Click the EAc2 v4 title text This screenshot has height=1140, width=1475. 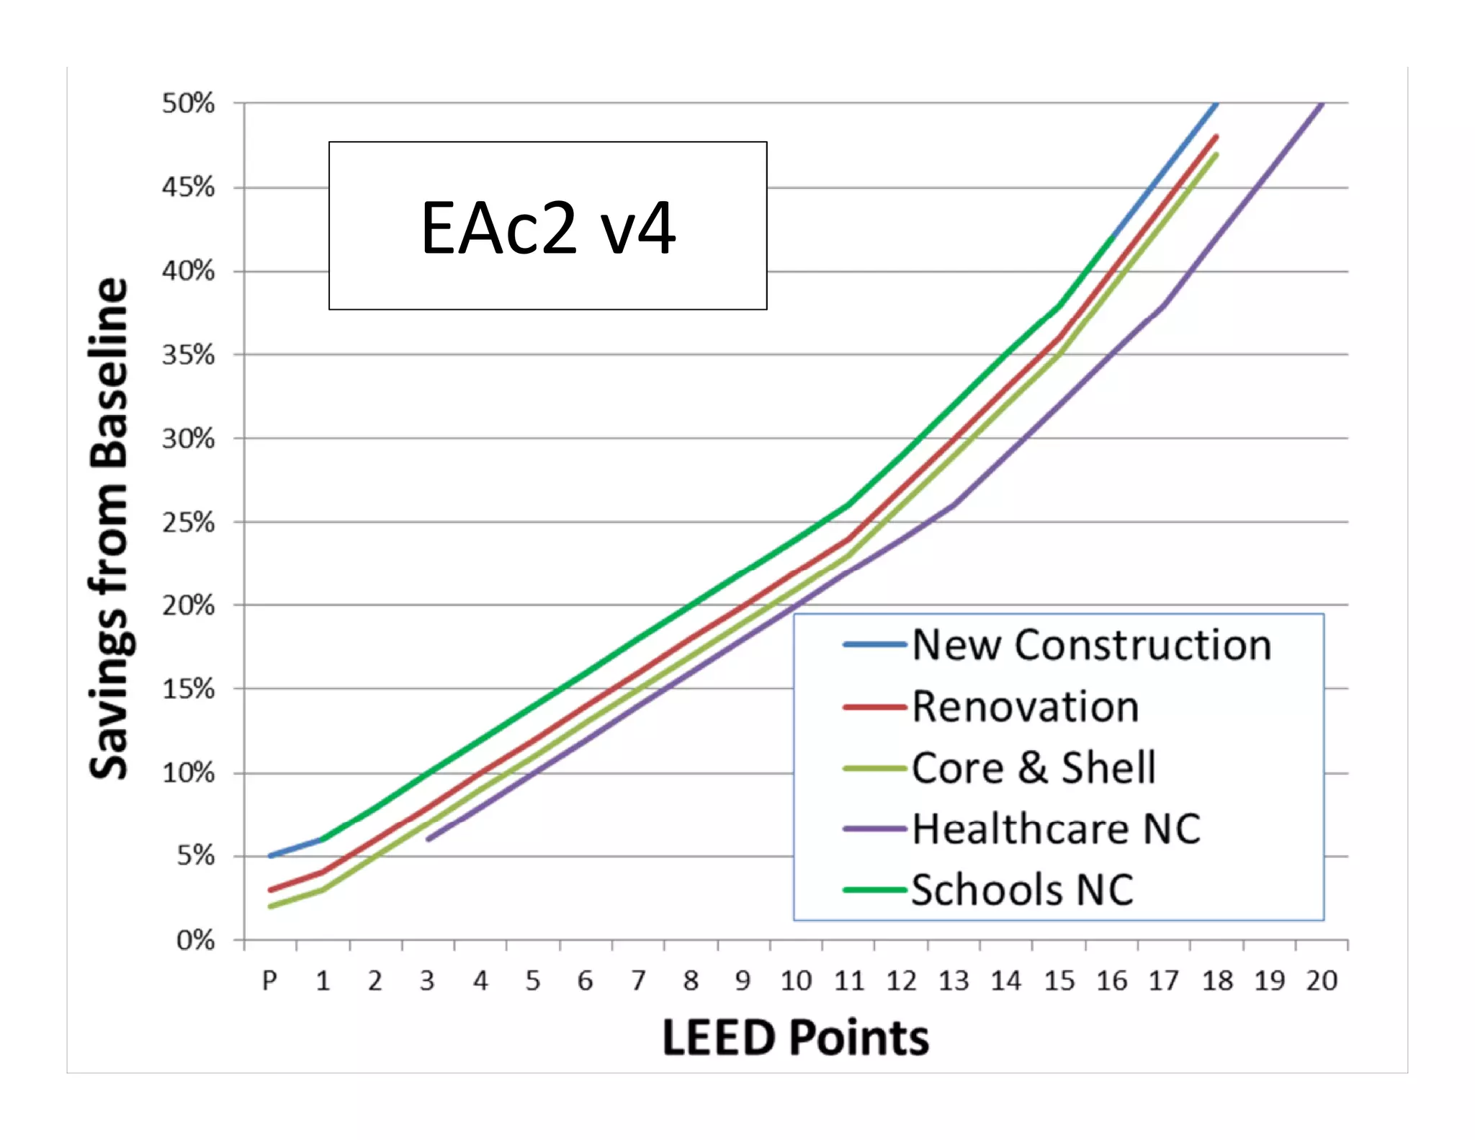point(548,228)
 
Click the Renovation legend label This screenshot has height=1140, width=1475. point(1026,707)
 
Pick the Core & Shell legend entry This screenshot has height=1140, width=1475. point(1034,768)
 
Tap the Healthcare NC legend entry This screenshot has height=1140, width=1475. point(1056,829)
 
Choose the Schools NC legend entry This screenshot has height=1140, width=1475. point(1022,891)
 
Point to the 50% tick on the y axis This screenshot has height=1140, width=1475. point(188,104)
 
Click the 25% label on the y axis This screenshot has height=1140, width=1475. point(188,522)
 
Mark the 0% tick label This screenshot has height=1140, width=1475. point(195,940)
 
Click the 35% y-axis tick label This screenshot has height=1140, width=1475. point(188,355)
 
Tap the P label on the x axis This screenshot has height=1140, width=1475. point(269,981)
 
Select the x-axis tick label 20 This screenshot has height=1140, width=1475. point(1322,981)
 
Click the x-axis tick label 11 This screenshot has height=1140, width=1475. point(848,981)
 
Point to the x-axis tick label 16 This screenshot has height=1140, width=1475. point(1111,981)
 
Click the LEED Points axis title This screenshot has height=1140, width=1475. point(795,1038)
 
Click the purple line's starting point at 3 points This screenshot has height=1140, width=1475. point(428,840)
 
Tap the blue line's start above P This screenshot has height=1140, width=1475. point(270,855)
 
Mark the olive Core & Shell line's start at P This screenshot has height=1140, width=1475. point(270,907)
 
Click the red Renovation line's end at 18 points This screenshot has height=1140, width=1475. point(1216,136)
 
